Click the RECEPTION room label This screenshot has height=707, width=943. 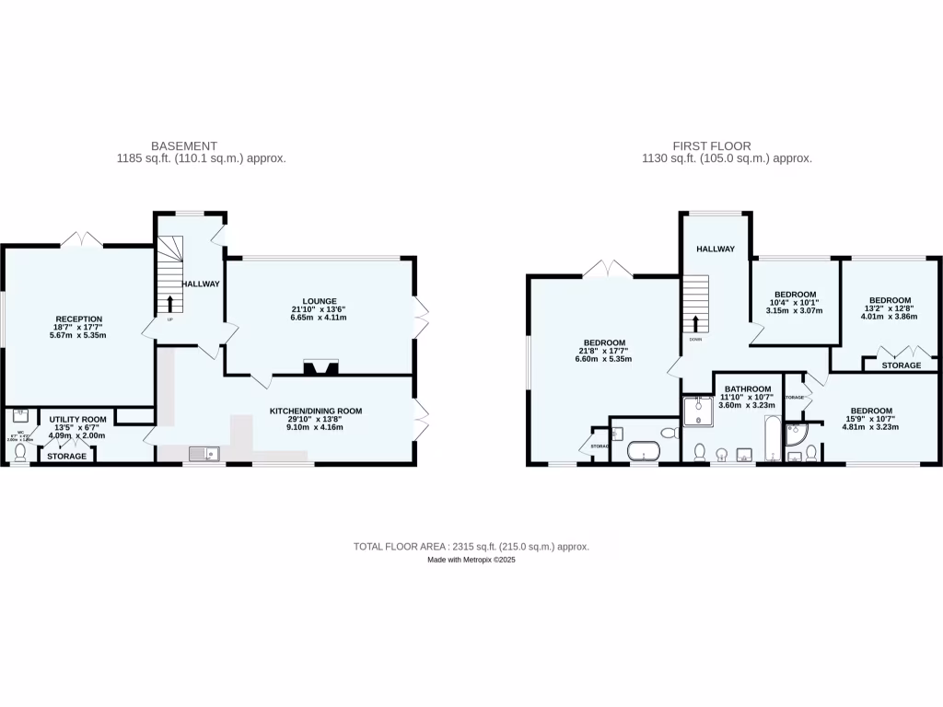pyautogui.click(x=77, y=319)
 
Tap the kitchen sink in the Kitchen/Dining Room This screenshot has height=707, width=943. pyautogui.click(x=203, y=453)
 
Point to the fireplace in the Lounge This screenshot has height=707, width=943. pyautogui.click(x=321, y=367)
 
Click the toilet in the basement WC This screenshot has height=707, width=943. pyautogui.click(x=20, y=452)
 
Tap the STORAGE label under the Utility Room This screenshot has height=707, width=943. pyautogui.click(x=67, y=457)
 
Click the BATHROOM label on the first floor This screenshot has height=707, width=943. pyautogui.click(x=747, y=389)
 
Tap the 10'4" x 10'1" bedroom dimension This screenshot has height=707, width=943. pyautogui.click(x=793, y=302)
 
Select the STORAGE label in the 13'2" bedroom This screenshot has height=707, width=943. pyautogui.click(x=901, y=365)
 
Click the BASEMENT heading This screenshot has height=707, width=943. pyautogui.click(x=185, y=145)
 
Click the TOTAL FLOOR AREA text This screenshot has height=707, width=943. pyautogui.click(x=471, y=547)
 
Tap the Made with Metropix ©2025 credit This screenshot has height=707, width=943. pyautogui.click(x=471, y=559)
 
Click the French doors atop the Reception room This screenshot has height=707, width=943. pyautogui.click(x=82, y=239)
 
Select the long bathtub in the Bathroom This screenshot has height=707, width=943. pyautogui.click(x=772, y=441)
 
